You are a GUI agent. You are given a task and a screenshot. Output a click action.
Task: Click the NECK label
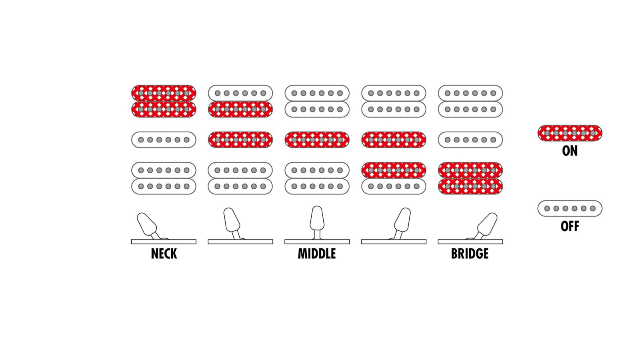(164, 254)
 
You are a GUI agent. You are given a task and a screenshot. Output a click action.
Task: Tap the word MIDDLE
(316, 254)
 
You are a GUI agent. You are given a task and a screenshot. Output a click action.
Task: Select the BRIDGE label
(470, 254)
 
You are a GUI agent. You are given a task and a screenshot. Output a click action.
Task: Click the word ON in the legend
(570, 151)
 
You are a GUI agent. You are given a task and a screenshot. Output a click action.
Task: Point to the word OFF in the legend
(570, 226)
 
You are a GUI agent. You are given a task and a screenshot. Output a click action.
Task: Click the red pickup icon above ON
(570, 133)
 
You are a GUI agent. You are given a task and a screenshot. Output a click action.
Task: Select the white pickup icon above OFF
(570, 208)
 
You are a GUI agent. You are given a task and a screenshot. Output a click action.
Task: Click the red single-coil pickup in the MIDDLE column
(317, 140)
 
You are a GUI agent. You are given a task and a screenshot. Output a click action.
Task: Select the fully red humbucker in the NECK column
(164, 101)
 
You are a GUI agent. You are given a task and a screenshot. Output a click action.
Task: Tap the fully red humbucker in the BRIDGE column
(470, 178)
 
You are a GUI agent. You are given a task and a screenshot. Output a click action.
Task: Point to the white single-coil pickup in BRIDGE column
(470, 140)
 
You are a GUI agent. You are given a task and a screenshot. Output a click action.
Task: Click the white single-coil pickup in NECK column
(164, 140)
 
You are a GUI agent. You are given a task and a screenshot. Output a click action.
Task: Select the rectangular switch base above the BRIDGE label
(470, 242)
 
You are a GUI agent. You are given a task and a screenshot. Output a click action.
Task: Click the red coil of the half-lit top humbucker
(240, 110)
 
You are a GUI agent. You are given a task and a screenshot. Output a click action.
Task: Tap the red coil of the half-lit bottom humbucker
(394, 170)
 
